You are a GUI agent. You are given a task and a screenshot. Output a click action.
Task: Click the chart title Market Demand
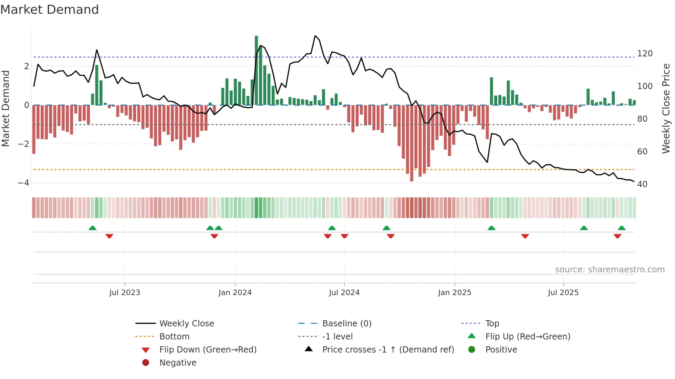click(50, 10)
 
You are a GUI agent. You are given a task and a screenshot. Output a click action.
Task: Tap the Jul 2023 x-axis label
click(125, 293)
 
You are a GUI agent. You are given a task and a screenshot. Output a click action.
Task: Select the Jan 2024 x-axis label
click(235, 293)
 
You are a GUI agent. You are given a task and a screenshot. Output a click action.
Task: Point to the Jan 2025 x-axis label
click(455, 293)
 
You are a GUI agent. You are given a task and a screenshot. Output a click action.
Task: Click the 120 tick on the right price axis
click(645, 54)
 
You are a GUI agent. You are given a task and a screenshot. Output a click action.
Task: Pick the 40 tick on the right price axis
click(642, 184)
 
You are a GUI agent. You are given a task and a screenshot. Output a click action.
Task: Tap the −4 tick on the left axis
click(23, 183)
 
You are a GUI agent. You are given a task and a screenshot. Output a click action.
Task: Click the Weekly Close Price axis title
click(666, 108)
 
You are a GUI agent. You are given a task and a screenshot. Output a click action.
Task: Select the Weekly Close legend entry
click(187, 324)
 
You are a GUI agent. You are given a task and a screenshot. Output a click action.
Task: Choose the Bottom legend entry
click(174, 337)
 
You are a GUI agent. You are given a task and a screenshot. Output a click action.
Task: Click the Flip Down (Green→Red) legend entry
click(208, 350)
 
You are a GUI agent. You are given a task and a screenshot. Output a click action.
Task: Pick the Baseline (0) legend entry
click(347, 324)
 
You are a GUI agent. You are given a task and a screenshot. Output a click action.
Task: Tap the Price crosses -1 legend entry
click(388, 350)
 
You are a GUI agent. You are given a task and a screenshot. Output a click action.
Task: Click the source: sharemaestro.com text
click(610, 270)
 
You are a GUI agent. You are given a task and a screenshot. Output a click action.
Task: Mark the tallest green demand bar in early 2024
click(256, 69)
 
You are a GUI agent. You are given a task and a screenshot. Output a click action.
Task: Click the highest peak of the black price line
click(315, 36)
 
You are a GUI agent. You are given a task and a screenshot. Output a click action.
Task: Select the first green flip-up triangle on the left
click(92, 228)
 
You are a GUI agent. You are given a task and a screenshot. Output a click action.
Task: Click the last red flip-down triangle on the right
click(617, 236)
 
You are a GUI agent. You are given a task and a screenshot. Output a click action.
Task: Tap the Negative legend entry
click(178, 363)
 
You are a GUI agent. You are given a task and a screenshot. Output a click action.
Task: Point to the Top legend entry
click(492, 324)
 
